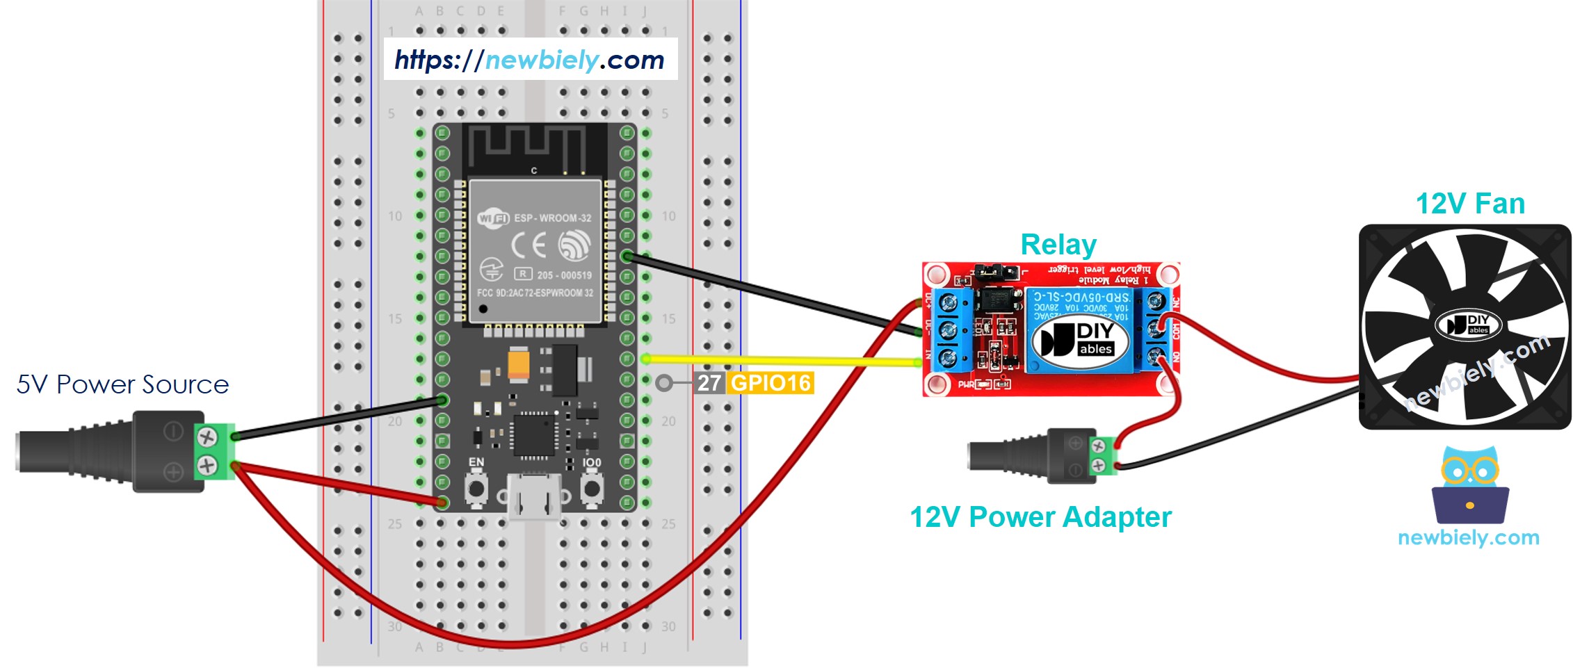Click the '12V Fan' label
(1470, 204)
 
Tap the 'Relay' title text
(1058, 245)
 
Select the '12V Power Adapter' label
(1040, 517)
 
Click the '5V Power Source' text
(122, 384)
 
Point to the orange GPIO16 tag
(771, 383)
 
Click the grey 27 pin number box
(709, 383)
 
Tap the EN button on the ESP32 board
(476, 488)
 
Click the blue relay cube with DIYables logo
(1080, 330)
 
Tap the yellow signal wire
(779, 360)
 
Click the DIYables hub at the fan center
(1467, 325)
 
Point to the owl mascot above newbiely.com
(1469, 485)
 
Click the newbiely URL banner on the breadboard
(530, 60)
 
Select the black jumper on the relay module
(996, 270)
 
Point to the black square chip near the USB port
(534, 434)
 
